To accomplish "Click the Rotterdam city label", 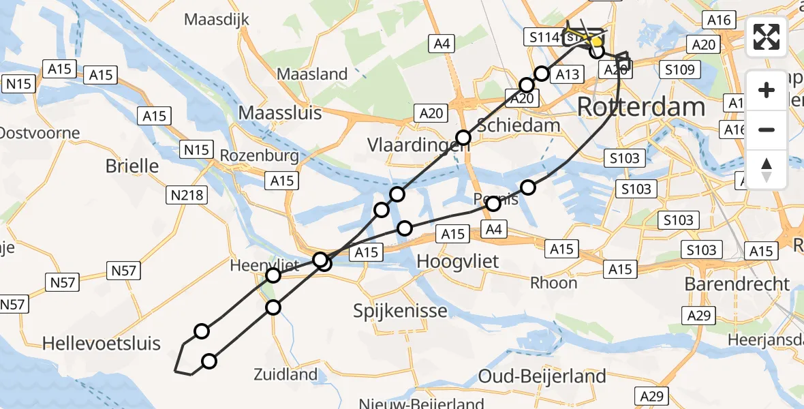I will pyautogui.click(x=640, y=107).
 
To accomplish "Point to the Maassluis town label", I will pyautogui.click(x=279, y=112).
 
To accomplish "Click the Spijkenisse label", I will pyautogui.click(x=400, y=311).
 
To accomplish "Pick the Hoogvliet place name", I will pyautogui.click(x=458, y=260).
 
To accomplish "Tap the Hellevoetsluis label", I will pyautogui.click(x=102, y=343).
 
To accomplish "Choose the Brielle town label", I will pyautogui.click(x=132, y=166).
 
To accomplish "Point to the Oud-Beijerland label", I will pyautogui.click(x=542, y=376).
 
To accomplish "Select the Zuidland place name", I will pyautogui.click(x=285, y=374).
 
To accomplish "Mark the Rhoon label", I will pyautogui.click(x=553, y=282).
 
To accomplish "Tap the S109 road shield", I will pyautogui.click(x=679, y=70).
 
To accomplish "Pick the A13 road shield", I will pyautogui.click(x=567, y=74).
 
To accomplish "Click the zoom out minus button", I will pyautogui.click(x=767, y=130).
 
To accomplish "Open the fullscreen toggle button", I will pyautogui.click(x=767, y=37).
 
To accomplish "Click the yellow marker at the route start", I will pyautogui.click(x=596, y=42).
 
